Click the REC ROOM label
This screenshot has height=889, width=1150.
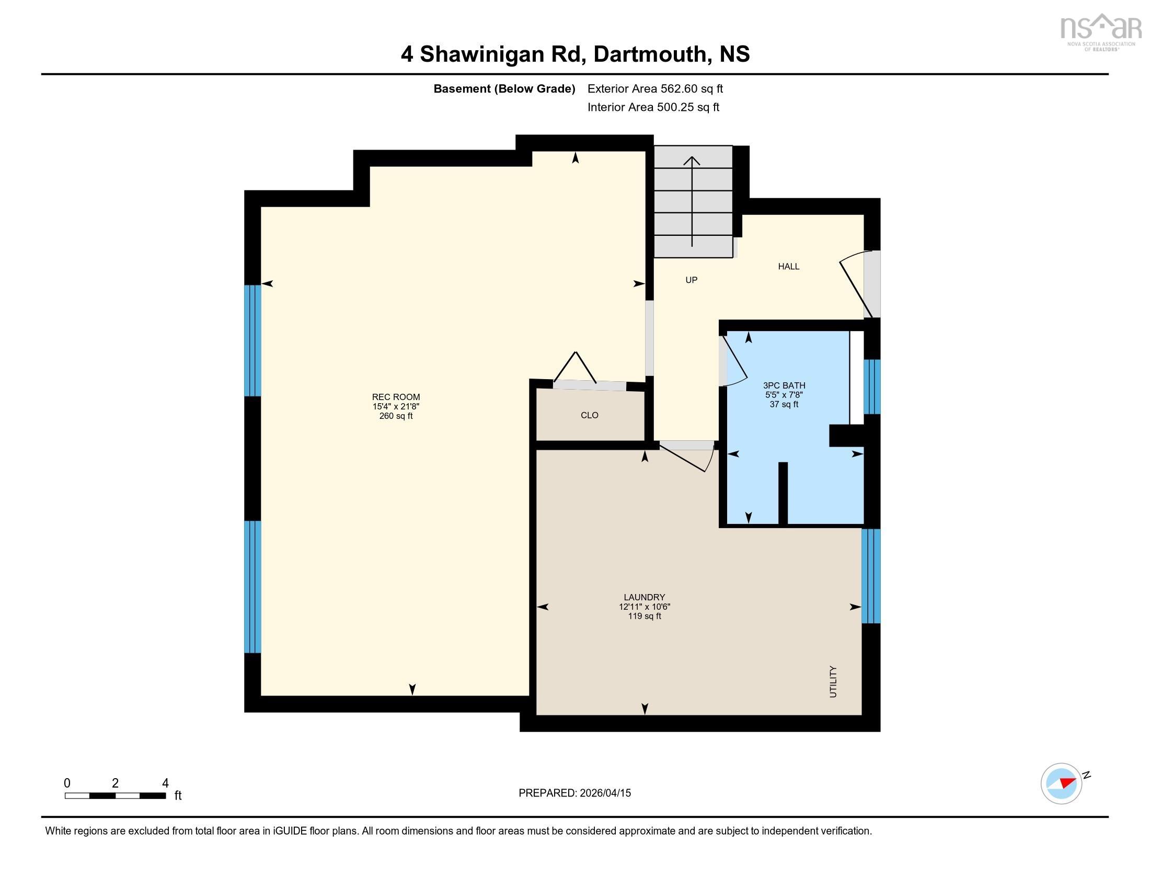pyautogui.click(x=396, y=397)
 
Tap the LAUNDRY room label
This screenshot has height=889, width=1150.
pyautogui.click(x=645, y=597)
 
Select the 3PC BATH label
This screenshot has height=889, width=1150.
pyautogui.click(x=784, y=385)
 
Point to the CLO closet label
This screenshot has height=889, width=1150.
pyautogui.click(x=590, y=415)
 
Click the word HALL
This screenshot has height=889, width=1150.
pyautogui.click(x=789, y=267)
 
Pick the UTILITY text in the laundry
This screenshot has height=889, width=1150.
pyautogui.click(x=833, y=681)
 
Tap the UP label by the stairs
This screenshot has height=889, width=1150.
pyautogui.click(x=692, y=280)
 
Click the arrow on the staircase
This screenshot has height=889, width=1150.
pyautogui.click(x=692, y=201)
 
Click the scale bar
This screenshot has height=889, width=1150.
pyautogui.click(x=116, y=796)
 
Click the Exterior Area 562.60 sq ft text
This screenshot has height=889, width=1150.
pyautogui.click(x=655, y=89)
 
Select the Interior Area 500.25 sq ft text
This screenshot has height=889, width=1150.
pyautogui.click(x=653, y=107)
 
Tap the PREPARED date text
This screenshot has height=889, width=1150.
pyautogui.click(x=574, y=793)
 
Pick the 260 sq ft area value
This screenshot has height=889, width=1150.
pyautogui.click(x=396, y=416)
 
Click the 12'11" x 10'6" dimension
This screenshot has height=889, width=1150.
pyautogui.click(x=645, y=607)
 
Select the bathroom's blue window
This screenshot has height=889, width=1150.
pyautogui.click(x=872, y=386)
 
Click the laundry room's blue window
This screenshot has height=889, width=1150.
pyautogui.click(x=871, y=576)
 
